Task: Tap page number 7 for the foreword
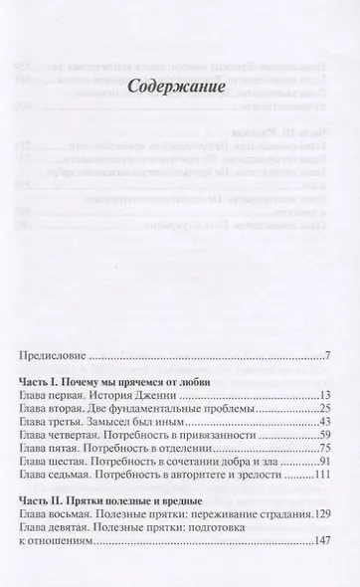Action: click(327, 355)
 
